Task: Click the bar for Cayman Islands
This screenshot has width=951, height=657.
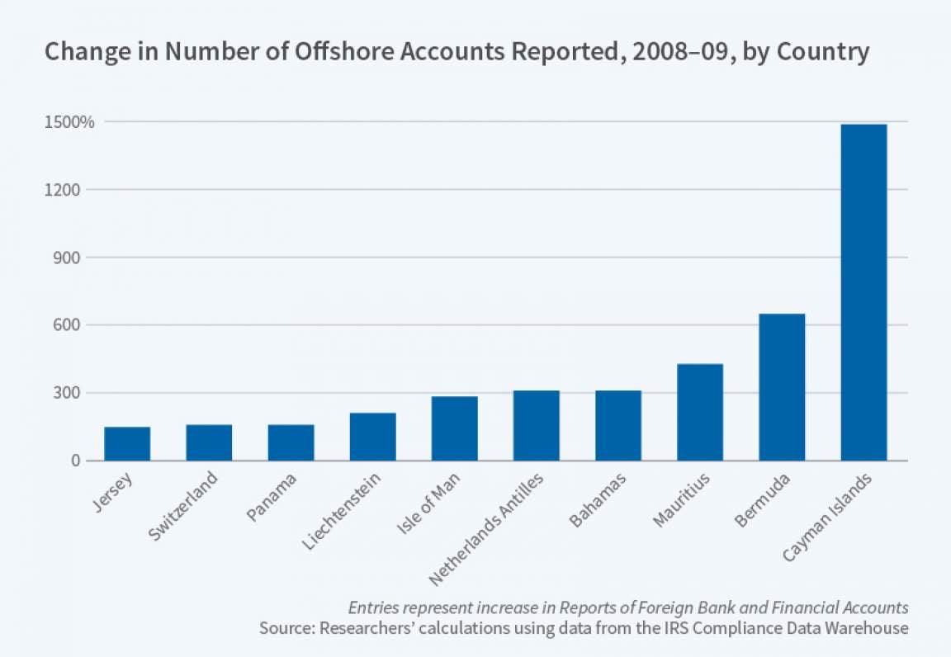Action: [x=863, y=292]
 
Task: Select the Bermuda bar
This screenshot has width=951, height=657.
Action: [x=782, y=387]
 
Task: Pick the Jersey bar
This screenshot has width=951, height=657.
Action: [x=127, y=443]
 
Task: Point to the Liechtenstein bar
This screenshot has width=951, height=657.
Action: [x=372, y=437]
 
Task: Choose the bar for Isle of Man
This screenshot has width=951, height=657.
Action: [x=454, y=428]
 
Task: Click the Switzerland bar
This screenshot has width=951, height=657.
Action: [x=209, y=442]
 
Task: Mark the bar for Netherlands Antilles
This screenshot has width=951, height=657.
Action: [x=536, y=425]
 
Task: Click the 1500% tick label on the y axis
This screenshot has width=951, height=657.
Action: [x=71, y=122]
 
